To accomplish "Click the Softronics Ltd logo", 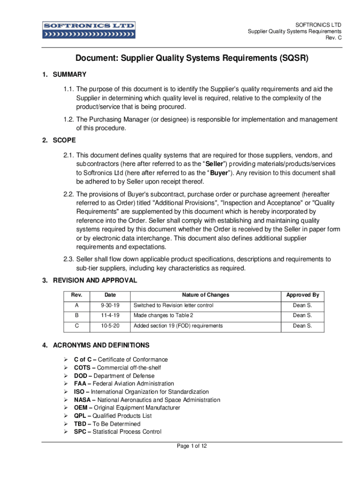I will point(89,29).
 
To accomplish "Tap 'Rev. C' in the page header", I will point(333,38).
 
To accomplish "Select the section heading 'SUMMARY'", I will point(70,74).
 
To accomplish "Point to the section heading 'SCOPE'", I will point(65,140).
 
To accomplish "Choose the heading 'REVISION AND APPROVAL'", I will point(95,280).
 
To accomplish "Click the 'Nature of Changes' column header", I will point(206,295).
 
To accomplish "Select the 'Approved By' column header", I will point(302,295).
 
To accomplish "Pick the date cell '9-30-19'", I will point(110,305).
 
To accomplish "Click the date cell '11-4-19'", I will point(110,316).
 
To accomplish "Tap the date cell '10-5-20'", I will point(110,326).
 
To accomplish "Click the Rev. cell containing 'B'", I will point(76,316).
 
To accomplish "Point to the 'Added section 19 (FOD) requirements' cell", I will point(178,326).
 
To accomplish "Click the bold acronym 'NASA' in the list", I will point(82,400).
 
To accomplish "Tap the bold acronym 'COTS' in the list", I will point(82,368).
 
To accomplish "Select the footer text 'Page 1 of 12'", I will point(192,446).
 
